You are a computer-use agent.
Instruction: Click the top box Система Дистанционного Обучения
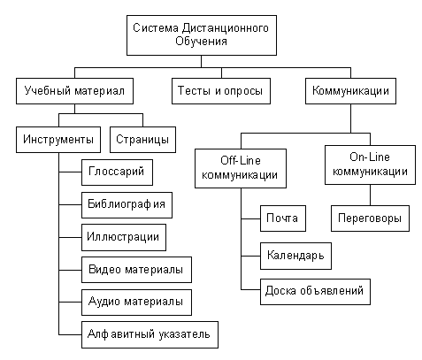(202, 35)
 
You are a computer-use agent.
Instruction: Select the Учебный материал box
(74, 91)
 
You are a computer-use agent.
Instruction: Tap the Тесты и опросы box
(221, 91)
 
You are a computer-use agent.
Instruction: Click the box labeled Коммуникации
(350, 91)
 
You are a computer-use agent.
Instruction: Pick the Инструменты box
(58, 140)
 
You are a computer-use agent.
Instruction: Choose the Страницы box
(142, 140)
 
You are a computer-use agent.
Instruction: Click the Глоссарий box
(117, 172)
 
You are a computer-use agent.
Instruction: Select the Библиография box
(127, 205)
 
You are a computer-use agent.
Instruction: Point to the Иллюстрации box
(124, 237)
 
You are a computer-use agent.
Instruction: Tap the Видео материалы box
(136, 270)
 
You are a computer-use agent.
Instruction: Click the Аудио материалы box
(136, 303)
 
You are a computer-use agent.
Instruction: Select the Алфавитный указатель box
(150, 334)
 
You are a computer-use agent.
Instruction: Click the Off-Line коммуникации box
(241, 168)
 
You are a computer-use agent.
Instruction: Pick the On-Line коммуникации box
(370, 165)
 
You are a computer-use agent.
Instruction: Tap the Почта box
(283, 218)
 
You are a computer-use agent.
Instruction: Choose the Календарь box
(295, 256)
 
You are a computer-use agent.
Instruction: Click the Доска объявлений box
(315, 292)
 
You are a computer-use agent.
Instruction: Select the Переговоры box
(370, 218)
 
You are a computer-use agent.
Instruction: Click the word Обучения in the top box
(202, 42)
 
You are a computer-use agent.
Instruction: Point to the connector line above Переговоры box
(370, 195)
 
